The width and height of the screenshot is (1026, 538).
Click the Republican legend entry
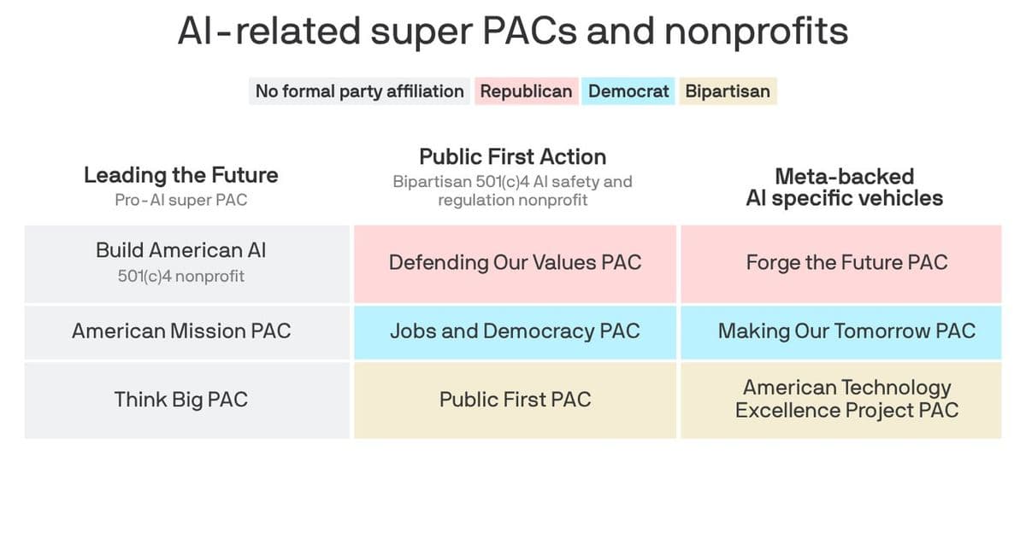coord(526,91)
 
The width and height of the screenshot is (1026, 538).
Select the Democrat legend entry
coord(628,91)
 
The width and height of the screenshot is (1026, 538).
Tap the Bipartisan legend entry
coord(727,91)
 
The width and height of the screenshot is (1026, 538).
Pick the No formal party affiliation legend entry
coord(359,91)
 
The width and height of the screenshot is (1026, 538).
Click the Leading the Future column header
coord(181,176)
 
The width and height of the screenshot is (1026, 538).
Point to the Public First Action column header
coord(513,157)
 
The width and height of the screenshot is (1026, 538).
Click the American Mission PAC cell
coord(181,331)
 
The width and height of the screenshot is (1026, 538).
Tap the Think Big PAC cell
coord(181,400)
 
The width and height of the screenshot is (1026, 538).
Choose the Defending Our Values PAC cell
coord(515,263)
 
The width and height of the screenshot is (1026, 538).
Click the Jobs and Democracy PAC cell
coord(515,331)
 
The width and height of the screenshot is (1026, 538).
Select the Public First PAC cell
coord(515,400)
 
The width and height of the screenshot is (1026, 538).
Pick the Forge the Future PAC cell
coord(846,263)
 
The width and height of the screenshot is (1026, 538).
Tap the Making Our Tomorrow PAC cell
coord(846,331)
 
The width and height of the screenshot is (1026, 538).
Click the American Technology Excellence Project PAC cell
coord(846,400)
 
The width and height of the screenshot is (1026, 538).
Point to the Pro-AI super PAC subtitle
coord(181,201)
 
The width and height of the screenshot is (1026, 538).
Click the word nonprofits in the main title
coord(757,32)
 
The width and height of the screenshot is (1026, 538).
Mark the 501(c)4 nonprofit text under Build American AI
coord(181,277)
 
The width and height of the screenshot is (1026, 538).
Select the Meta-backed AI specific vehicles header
coord(845,188)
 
